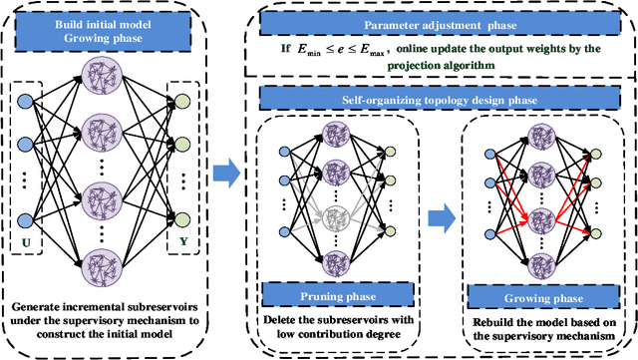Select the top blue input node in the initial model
coord(23,99)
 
